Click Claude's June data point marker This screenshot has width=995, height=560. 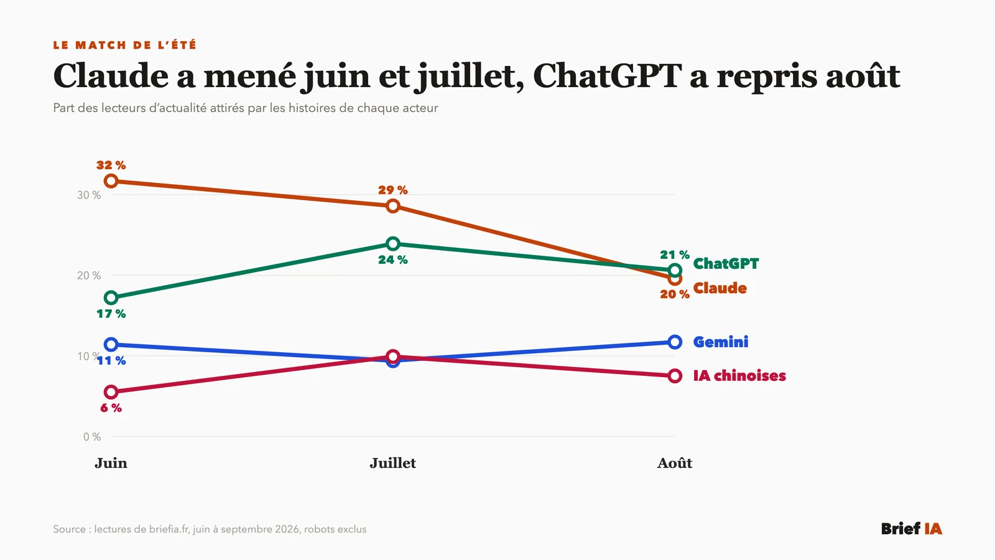tap(111, 181)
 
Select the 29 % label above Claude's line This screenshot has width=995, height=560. tap(392, 190)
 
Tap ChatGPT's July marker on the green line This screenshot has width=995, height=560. tap(392, 243)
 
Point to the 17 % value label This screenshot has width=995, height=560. tap(111, 314)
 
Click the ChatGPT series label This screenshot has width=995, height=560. tap(726, 264)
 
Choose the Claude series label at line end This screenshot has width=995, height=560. tap(720, 288)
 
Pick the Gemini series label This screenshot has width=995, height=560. tap(721, 342)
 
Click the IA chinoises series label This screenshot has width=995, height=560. tap(739, 376)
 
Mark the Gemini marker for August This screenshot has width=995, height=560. tap(675, 342)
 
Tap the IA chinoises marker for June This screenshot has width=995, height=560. tap(111, 392)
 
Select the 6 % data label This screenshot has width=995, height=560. tap(111, 408)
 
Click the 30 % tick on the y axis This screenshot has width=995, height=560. tap(89, 195)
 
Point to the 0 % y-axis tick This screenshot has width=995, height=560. tap(92, 437)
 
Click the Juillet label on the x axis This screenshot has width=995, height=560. tap(392, 463)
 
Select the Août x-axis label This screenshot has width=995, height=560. tap(675, 463)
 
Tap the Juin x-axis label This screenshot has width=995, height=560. tap(111, 463)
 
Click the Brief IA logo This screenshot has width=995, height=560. tap(912, 528)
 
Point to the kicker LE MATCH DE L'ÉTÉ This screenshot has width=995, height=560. tap(125, 45)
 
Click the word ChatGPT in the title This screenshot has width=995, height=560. tap(607, 76)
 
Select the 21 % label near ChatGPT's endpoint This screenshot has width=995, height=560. tap(675, 254)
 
